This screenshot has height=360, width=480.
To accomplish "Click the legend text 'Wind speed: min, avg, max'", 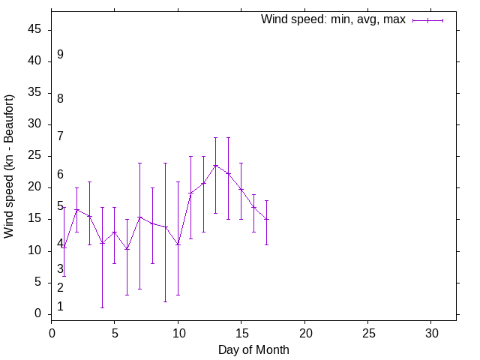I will pyautogui.click(x=332, y=19).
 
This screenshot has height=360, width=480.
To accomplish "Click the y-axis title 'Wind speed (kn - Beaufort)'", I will pyautogui.click(x=10, y=166).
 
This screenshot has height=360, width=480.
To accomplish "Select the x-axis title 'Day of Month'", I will pyautogui.click(x=253, y=349).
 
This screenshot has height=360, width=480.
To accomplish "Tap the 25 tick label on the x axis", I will pyautogui.click(x=367, y=331).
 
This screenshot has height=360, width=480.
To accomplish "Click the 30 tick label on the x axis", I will pyautogui.click(x=431, y=331).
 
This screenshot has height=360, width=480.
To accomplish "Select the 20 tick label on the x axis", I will pyautogui.click(x=304, y=331).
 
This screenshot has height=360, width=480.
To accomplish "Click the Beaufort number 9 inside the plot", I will pyautogui.click(x=60, y=55).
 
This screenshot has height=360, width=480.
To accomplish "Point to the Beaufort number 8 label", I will pyautogui.click(x=60, y=98).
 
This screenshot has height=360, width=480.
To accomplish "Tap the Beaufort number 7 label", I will pyautogui.click(x=60, y=136).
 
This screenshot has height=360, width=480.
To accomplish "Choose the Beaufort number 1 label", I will pyautogui.click(x=60, y=307).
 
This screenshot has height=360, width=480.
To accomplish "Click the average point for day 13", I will pyautogui.click(x=216, y=166).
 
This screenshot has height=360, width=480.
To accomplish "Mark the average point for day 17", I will pyautogui.click(x=266, y=219).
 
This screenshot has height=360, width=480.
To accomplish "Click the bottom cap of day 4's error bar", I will pyautogui.click(x=102, y=307).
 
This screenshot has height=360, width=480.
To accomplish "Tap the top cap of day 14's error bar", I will pyautogui.click(x=229, y=138).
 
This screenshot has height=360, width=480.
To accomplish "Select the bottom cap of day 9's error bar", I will pyautogui.click(x=165, y=301).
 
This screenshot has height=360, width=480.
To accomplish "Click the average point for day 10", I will pyautogui.click(x=178, y=244).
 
